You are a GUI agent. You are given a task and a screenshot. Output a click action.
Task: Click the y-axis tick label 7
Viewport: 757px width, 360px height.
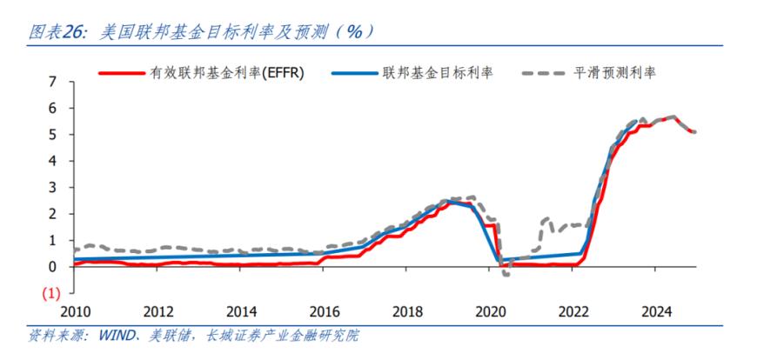(52, 82)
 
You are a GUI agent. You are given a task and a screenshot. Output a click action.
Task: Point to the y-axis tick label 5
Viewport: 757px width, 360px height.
(52, 135)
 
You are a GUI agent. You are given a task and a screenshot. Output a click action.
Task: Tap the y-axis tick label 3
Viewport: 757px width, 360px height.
(52, 188)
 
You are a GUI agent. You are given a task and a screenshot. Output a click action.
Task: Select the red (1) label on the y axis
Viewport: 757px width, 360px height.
(50, 293)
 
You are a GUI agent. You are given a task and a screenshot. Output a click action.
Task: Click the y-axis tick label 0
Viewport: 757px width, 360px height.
(52, 267)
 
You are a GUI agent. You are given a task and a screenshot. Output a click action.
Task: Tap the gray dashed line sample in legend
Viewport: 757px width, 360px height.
(543, 73)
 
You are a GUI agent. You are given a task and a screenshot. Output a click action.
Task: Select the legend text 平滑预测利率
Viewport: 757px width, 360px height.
(615, 73)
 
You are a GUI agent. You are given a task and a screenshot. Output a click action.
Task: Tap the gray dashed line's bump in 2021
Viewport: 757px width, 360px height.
(546, 219)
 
